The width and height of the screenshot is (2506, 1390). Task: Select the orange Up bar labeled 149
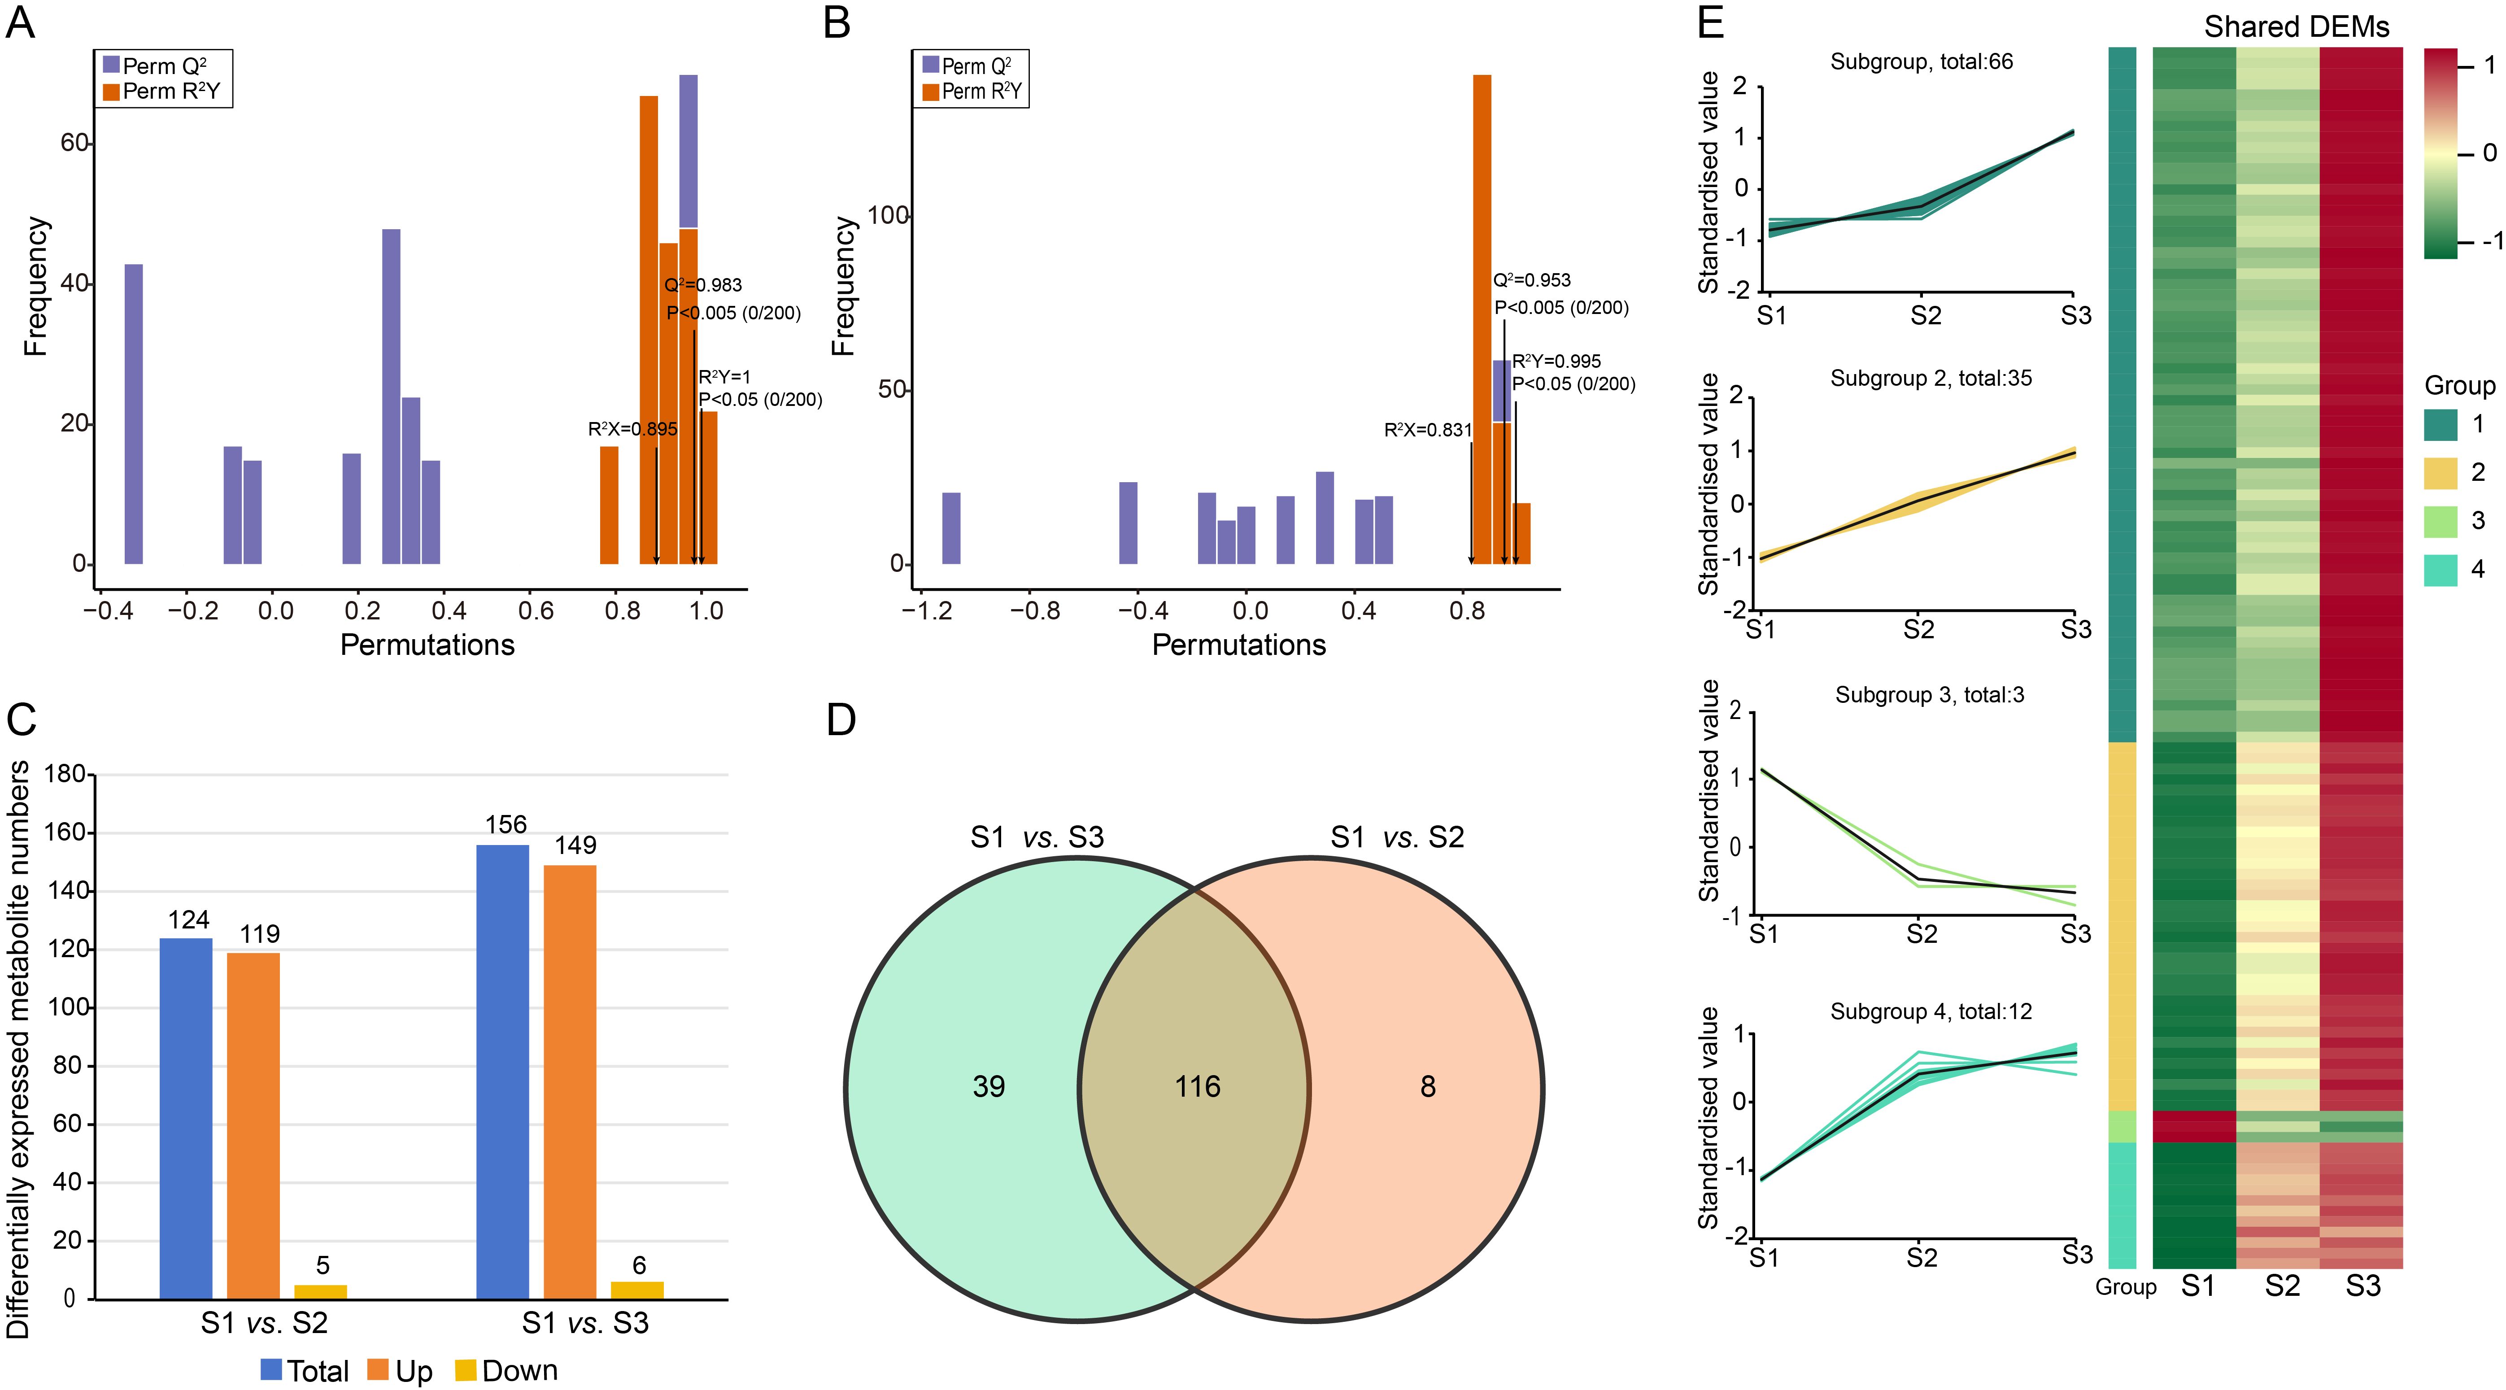coord(570,1082)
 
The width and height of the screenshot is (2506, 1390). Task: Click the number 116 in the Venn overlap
coord(1198,1086)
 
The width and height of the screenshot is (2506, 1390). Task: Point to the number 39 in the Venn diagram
coord(989,1086)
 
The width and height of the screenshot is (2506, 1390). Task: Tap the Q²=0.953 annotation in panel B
coord(1532,280)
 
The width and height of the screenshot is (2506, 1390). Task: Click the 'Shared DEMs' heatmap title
coord(2297,27)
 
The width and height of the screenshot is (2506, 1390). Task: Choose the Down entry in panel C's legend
coord(507,1371)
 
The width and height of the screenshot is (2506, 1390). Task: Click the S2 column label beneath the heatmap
coord(2282,1286)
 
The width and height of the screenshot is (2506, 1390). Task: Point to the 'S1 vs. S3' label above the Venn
coord(1037,837)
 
